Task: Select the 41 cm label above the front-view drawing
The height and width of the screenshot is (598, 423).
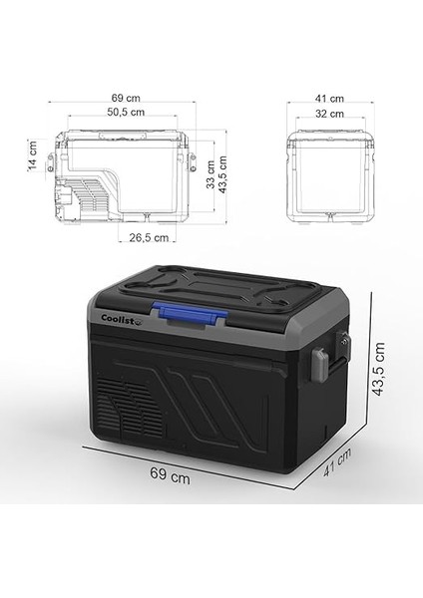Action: click(x=330, y=98)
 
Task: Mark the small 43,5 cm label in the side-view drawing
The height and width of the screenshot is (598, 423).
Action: click(x=226, y=169)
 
